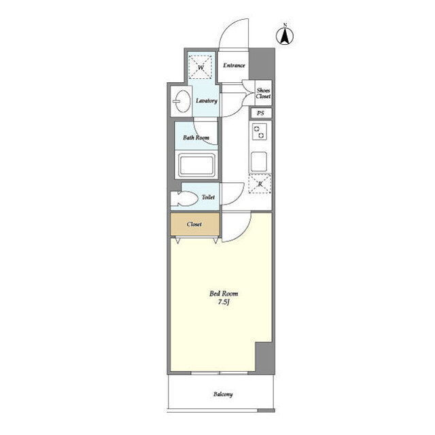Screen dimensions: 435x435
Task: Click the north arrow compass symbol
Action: [285, 35]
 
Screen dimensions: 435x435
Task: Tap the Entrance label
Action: [234, 65]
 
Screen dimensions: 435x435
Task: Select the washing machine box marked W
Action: [201, 67]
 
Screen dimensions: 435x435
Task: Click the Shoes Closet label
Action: [263, 93]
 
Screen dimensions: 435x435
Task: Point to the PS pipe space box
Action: [260, 114]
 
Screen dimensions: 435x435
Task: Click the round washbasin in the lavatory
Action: [182, 101]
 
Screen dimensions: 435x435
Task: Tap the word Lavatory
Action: [207, 101]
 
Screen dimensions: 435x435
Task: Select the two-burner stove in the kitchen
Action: [260, 132]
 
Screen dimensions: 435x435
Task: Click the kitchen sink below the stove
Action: [259, 162]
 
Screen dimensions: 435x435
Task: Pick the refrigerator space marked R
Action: [260, 184]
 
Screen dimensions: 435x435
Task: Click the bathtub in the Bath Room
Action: [196, 164]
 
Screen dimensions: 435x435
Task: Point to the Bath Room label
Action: [196, 137]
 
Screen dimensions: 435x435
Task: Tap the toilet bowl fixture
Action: [184, 198]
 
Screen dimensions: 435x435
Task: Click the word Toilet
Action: [208, 197]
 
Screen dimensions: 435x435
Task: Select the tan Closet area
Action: [195, 224]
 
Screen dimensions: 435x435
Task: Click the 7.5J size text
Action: [224, 302]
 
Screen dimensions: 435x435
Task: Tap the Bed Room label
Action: [224, 294]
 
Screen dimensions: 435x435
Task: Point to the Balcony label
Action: [223, 394]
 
